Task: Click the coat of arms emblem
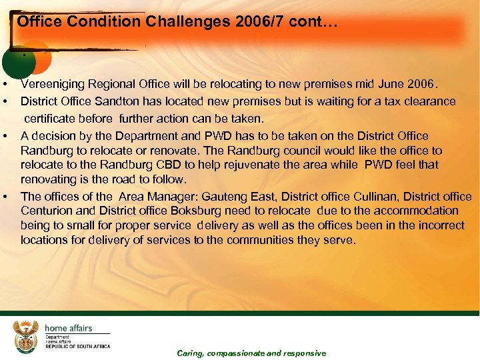[26, 335]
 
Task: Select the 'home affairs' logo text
[69, 328]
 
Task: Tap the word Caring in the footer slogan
[190, 353]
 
